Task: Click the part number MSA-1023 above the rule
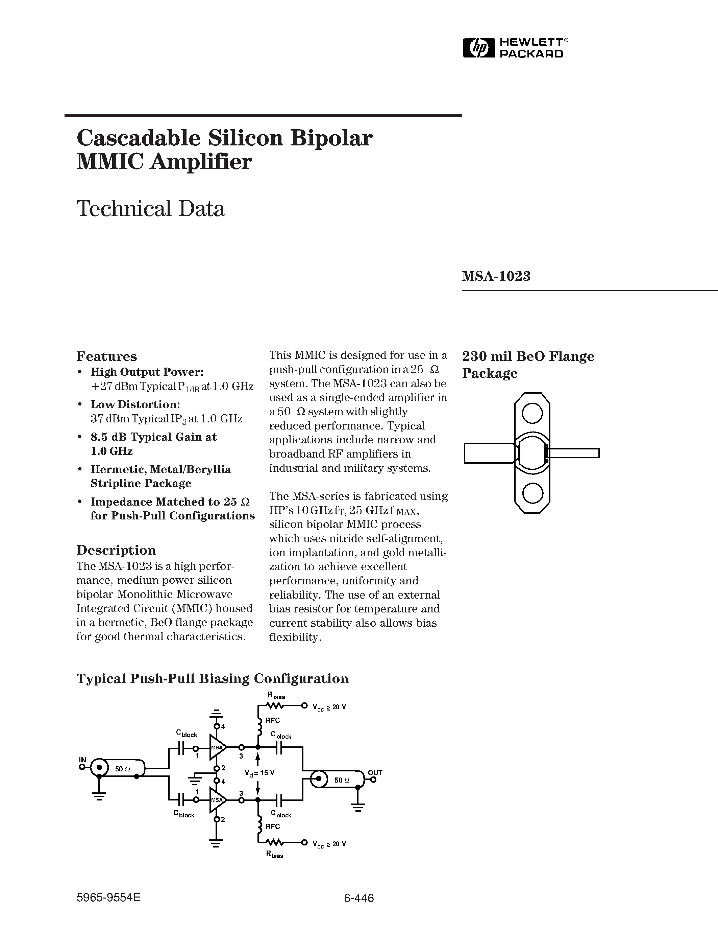coord(496,276)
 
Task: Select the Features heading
coord(106,356)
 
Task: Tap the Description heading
coord(116,550)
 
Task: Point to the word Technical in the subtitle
coord(121,209)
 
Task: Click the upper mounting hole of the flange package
coord(532,413)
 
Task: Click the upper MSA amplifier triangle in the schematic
coord(217,747)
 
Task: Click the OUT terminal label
coord(375,772)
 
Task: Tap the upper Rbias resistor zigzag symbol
coord(275,706)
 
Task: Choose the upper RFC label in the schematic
coord(273,720)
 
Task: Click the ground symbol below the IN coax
coord(99,797)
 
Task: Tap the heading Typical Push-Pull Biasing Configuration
coord(212,678)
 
